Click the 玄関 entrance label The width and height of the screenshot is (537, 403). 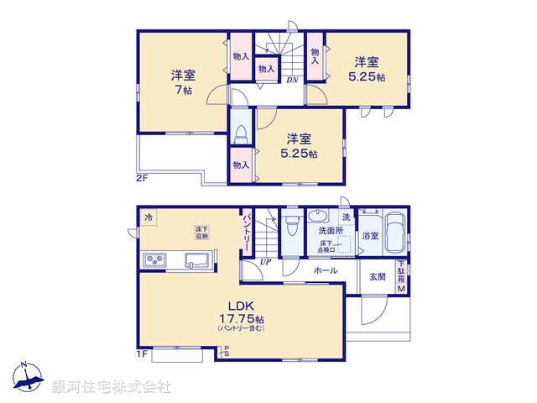click(x=375, y=277)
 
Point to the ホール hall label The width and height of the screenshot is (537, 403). click(x=326, y=271)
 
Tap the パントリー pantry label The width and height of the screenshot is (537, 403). click(x=248, y=228)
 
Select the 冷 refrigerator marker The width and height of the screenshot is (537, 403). click(x=149, y=218)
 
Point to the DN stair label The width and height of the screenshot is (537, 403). click(x=292, y=81)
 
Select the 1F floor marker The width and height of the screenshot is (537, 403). click(x=143, y=354)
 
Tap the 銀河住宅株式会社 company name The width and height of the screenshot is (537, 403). click(x=112, y=387)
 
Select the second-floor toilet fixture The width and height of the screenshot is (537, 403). click(x=242, y=133)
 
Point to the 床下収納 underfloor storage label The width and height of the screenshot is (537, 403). click(x=202, y=232)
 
